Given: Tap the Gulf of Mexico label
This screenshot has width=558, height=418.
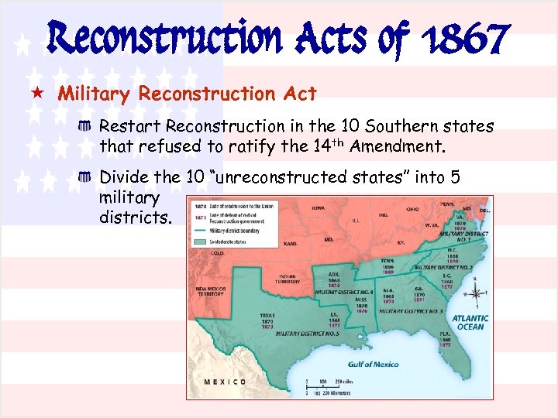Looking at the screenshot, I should point(374,364).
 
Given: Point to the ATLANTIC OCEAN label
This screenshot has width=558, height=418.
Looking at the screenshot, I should point(470,322).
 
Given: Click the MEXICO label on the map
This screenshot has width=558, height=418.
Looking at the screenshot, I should point(225,382).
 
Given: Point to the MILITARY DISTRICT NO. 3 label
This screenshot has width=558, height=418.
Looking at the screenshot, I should point(411,310).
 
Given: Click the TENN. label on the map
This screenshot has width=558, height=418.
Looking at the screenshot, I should point(387,261).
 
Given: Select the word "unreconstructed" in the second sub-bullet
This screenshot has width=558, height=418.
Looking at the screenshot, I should point(279,177).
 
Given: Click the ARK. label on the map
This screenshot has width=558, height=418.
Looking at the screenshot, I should point(333,274).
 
